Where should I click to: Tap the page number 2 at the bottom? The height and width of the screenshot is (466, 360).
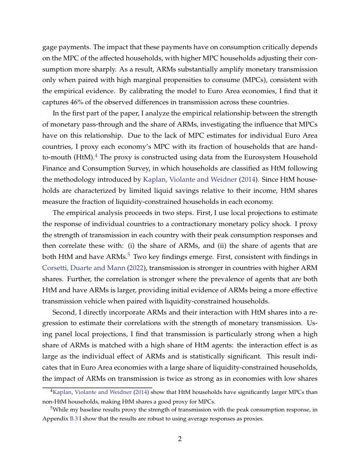coord(180,439)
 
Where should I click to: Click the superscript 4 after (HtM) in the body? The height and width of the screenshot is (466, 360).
coord(96,156)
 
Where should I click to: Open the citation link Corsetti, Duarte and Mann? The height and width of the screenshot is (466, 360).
coord(84,268)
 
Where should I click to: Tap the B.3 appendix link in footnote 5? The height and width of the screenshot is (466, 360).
coord(74,419)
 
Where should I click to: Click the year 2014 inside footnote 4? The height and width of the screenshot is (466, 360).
coord(139,392)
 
